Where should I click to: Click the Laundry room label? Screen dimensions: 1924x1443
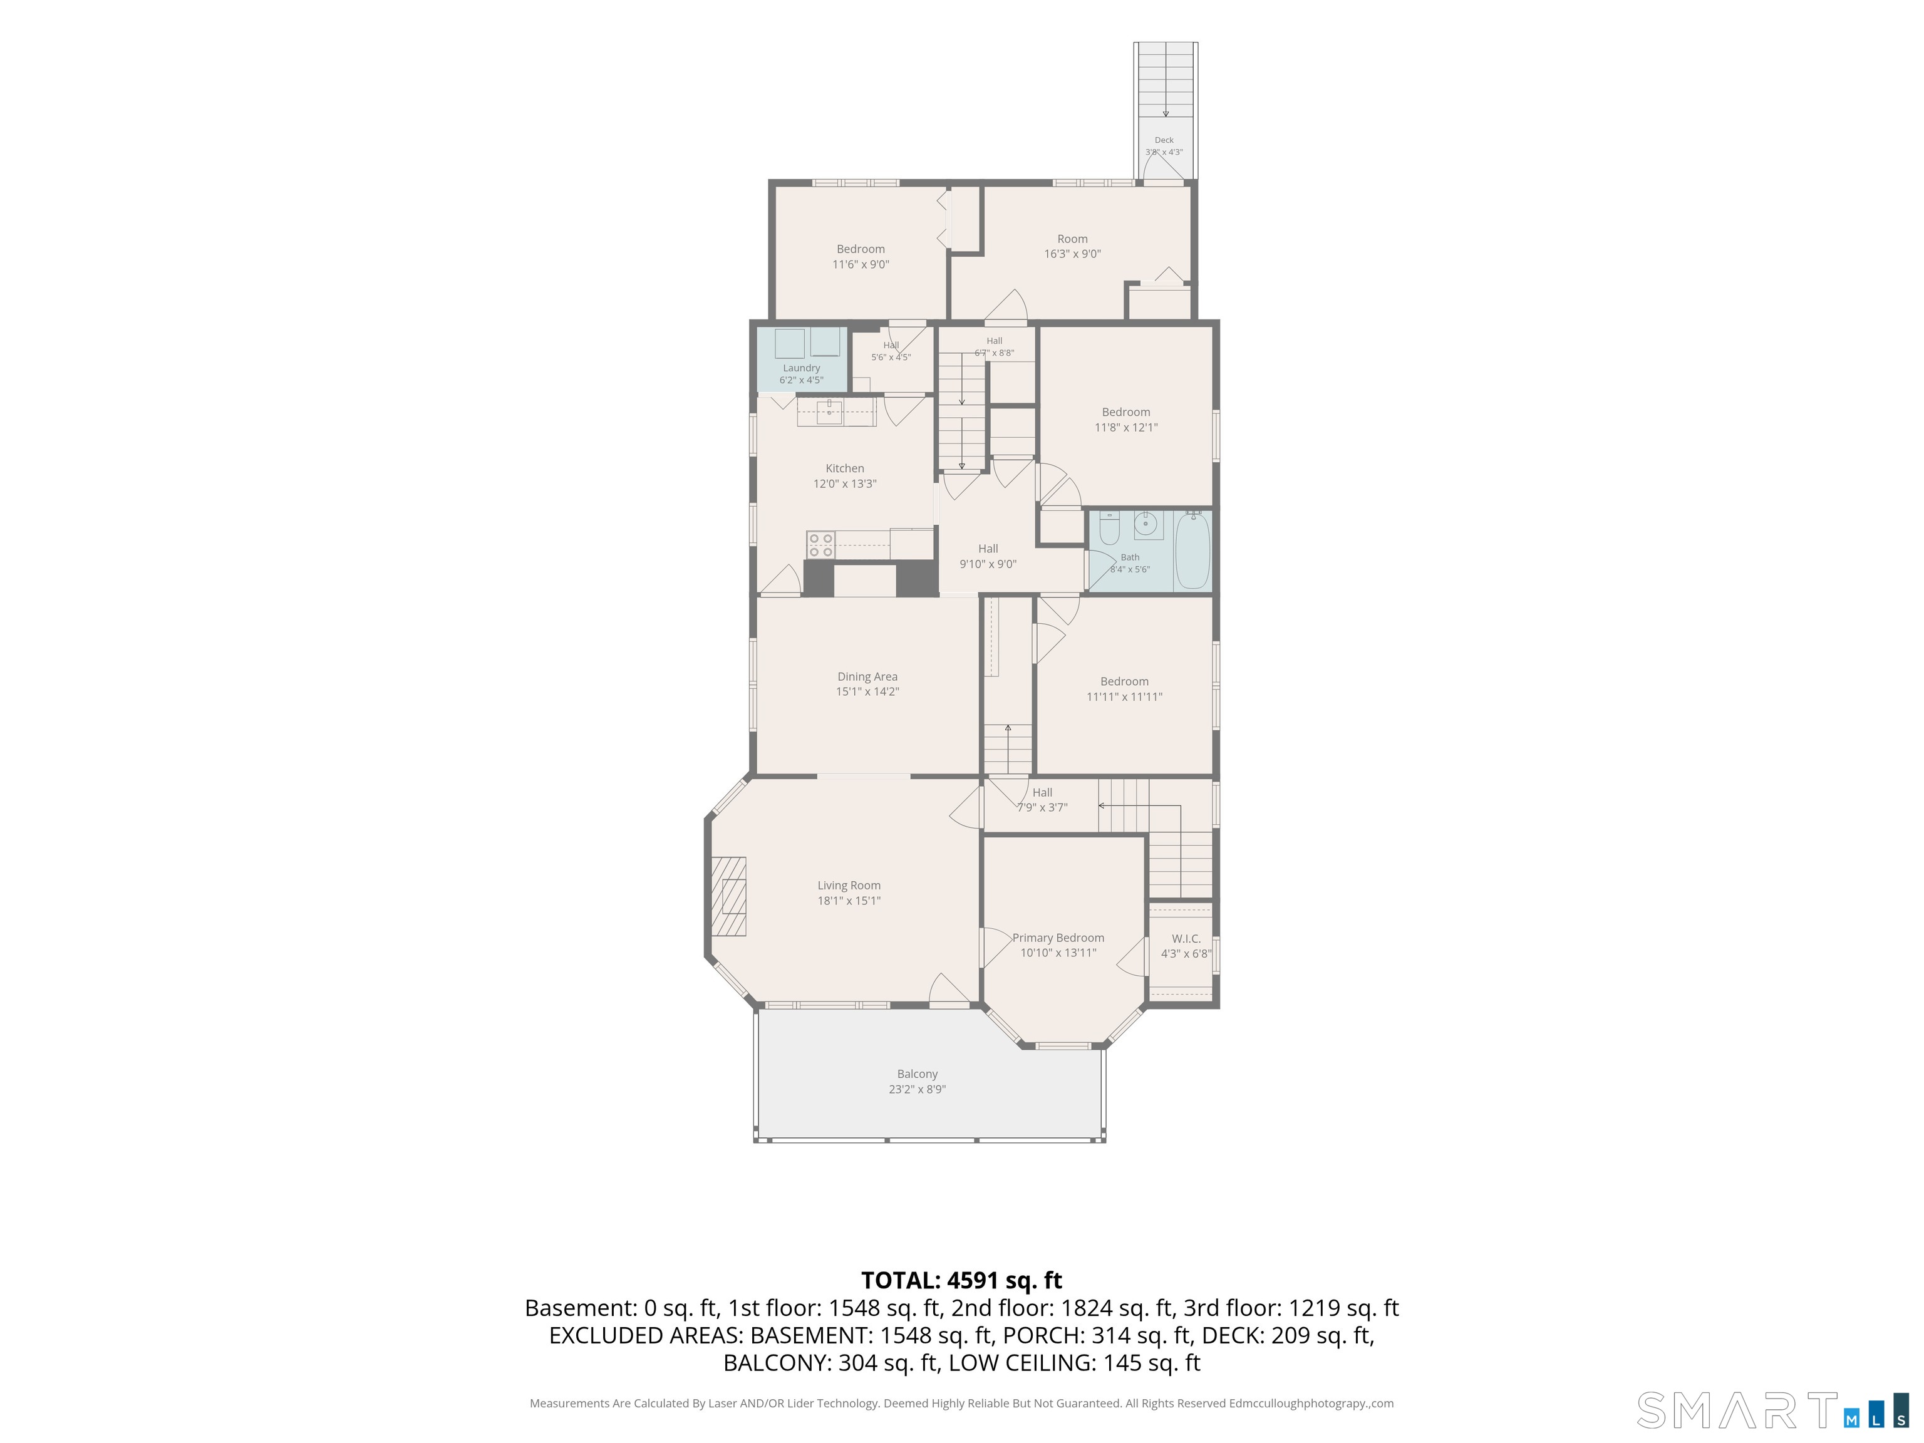801,368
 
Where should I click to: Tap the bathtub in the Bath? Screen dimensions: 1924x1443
1192,551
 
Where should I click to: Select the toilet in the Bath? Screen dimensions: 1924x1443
1109,528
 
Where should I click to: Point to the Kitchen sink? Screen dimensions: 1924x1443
830,411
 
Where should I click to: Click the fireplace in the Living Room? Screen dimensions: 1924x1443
729,896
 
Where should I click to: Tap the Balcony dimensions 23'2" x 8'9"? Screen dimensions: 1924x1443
917,1089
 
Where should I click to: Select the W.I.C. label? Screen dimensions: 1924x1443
1186,939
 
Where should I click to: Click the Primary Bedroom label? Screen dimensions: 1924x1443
1058,938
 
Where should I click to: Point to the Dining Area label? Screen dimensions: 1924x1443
867,676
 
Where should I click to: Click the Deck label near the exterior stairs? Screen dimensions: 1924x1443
1164,140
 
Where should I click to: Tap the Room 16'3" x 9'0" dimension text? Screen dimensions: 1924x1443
1072,254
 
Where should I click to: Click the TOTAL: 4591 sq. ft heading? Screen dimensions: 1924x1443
961,1280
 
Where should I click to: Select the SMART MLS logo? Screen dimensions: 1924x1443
1772,1410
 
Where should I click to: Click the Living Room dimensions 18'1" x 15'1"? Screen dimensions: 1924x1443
849,900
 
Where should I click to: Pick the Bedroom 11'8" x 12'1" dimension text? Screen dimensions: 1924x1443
1125,427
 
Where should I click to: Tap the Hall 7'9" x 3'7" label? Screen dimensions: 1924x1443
1042,799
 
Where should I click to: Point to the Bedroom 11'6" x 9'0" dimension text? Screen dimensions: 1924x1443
861,264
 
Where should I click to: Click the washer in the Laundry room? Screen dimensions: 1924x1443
790,344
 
